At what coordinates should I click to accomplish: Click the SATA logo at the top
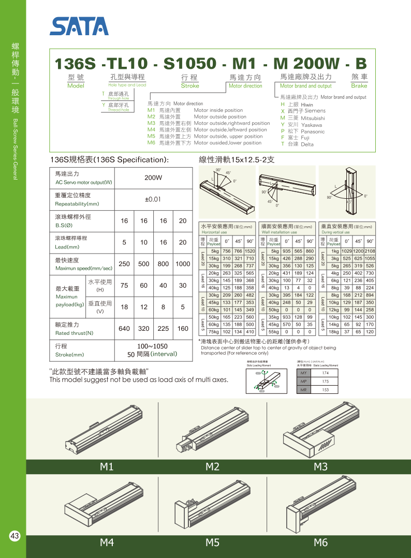click(x=79, y=26)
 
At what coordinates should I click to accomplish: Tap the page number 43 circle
click(x=14, y=536)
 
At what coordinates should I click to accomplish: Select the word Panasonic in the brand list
click(x=313, y=131)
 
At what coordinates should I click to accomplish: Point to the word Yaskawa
click(x=312, y=125)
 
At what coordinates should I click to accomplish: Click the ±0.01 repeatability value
click(x=153, y=199)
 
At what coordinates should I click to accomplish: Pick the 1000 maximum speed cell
click(x=182, y=263)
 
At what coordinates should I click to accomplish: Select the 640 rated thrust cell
click(x=124, y=328)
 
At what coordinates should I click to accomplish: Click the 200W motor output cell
click(x=153, y=178)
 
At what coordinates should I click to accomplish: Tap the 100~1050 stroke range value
click(x=153, y=346)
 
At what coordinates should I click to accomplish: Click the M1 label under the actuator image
click(x=107, y=467)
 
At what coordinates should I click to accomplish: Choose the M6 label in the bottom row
click(x=321, y=542)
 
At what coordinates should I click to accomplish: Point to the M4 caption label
click(x=107, y=542)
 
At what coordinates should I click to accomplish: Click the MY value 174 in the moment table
click(x=325, y=373)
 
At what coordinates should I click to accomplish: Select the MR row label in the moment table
click(x=304, y=389)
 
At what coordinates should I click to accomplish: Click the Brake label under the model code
click(x=359, y=86)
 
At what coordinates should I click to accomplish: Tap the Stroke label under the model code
click(x=190, y=86)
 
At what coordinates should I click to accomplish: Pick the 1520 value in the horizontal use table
click(x=250, y=251)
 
